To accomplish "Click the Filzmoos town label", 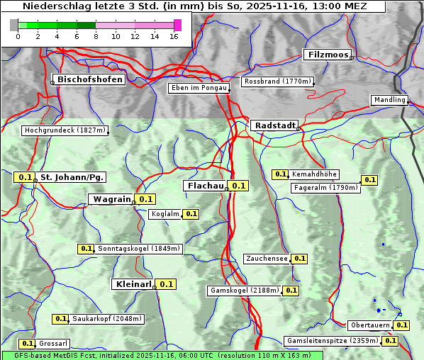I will [327, 55].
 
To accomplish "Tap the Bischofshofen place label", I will [90, 79].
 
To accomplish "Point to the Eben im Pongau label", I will [198, 88].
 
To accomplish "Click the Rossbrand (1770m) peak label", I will [277, 81].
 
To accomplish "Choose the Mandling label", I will [389, 100].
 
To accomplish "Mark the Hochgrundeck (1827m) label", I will [65, 130].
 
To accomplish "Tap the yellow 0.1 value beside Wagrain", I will [145, 199].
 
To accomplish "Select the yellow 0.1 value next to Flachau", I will [238, 186].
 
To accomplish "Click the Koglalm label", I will [165, 214].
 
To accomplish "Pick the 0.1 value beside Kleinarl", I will [166, 284].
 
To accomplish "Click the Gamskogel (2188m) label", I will [244, 291].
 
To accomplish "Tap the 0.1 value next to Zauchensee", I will [299, 259].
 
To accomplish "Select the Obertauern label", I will [370, 325].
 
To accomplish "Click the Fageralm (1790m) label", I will [325, 188].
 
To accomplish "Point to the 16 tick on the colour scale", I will [173, 36].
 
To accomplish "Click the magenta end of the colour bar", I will [177, 25].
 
